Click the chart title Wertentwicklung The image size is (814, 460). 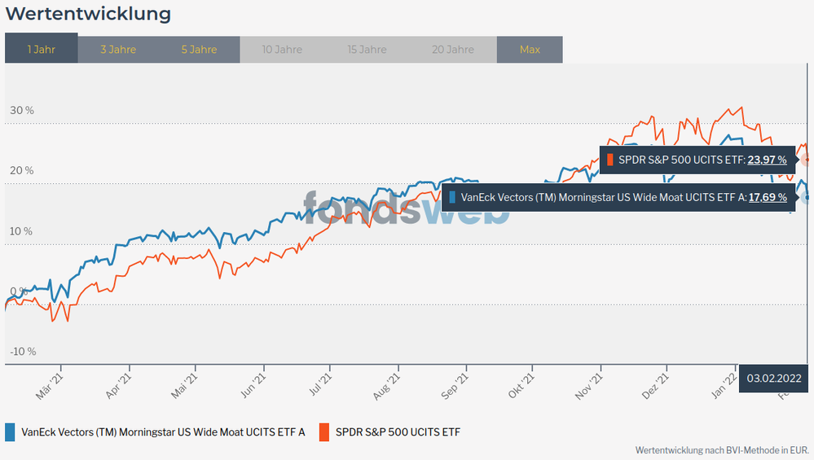89,14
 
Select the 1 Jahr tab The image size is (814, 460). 42,50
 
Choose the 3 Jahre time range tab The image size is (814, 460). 118,50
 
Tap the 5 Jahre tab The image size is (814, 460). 199,50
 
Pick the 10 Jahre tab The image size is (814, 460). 282,50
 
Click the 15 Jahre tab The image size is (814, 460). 367,50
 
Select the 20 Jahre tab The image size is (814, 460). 451,50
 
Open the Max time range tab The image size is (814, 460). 530,50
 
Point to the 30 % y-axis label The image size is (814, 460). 22,111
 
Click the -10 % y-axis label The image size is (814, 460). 22,352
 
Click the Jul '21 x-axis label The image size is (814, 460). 320,385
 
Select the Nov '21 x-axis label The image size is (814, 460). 589,385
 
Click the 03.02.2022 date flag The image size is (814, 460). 773,379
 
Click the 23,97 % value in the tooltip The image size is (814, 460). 767,160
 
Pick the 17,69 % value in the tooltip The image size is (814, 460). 767,197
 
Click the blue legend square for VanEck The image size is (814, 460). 10,432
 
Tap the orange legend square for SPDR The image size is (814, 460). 323,432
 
